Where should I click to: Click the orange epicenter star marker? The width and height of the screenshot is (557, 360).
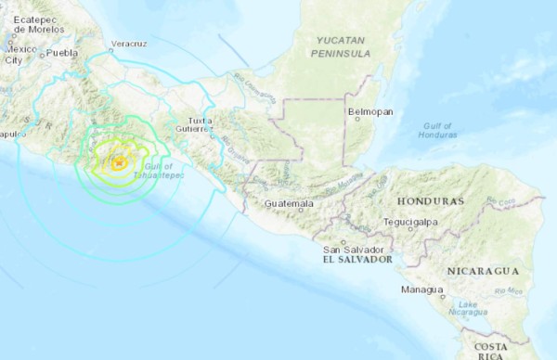click(x=119, y=163)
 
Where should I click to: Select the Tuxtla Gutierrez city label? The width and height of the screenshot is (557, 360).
click(x=201, y=124)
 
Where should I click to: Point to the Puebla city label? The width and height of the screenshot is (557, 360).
click(x=62, y=53)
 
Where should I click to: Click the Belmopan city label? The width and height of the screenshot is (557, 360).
click(x=370, y=111)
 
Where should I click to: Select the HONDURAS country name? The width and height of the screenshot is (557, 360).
click(x=429, y=201)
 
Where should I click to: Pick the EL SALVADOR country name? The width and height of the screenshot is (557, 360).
click(x=354, y=261)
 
